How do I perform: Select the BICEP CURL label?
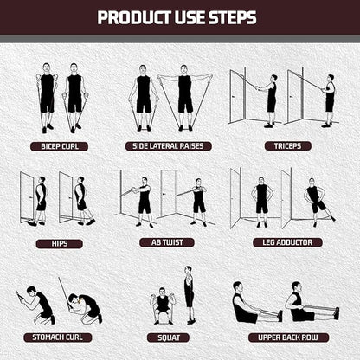[60, 146]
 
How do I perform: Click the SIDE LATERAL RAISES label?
[167, 146]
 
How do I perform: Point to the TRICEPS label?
[288, 146]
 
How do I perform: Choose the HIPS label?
[59, 243]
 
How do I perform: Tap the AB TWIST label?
[167, 243]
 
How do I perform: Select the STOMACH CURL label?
[59, 337]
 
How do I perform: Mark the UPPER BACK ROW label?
[286, 337]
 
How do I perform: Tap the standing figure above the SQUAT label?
[189, 294]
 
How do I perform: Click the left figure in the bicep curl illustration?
[47, 95]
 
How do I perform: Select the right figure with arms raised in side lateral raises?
[183, 95]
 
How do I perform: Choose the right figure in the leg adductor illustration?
[315, 201]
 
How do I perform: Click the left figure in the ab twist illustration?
[145, 201]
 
